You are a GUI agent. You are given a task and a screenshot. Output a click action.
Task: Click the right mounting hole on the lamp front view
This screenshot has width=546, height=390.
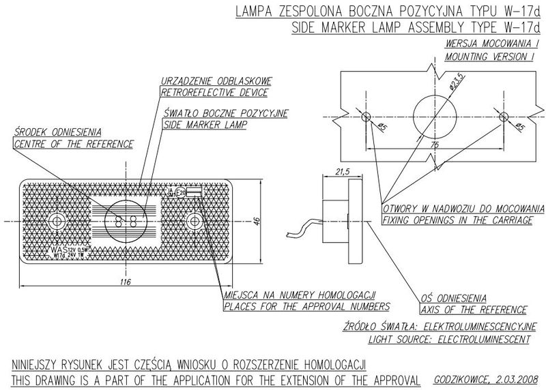point(194,221)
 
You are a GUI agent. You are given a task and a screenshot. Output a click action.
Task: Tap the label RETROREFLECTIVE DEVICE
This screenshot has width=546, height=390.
point(214,92)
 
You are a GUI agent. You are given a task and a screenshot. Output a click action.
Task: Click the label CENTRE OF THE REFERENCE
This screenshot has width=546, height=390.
point(74,144)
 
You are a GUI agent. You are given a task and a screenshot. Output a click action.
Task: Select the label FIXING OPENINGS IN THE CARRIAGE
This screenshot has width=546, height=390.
point(457,220)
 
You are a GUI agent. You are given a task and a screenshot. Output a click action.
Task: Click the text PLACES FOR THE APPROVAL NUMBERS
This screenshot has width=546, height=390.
point(306,307)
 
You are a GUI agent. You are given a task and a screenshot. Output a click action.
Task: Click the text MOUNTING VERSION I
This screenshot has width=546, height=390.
point(489,57)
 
